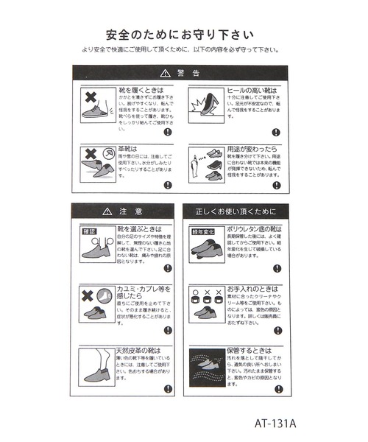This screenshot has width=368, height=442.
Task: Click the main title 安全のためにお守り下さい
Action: pos(180,34)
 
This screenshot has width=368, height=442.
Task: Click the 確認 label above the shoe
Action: pos(88,230)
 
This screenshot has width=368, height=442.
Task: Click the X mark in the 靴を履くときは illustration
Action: pos(91,97)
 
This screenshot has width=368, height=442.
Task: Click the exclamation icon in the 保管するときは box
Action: pos(277,388)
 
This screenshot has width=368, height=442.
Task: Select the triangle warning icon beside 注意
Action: pos(108,211)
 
